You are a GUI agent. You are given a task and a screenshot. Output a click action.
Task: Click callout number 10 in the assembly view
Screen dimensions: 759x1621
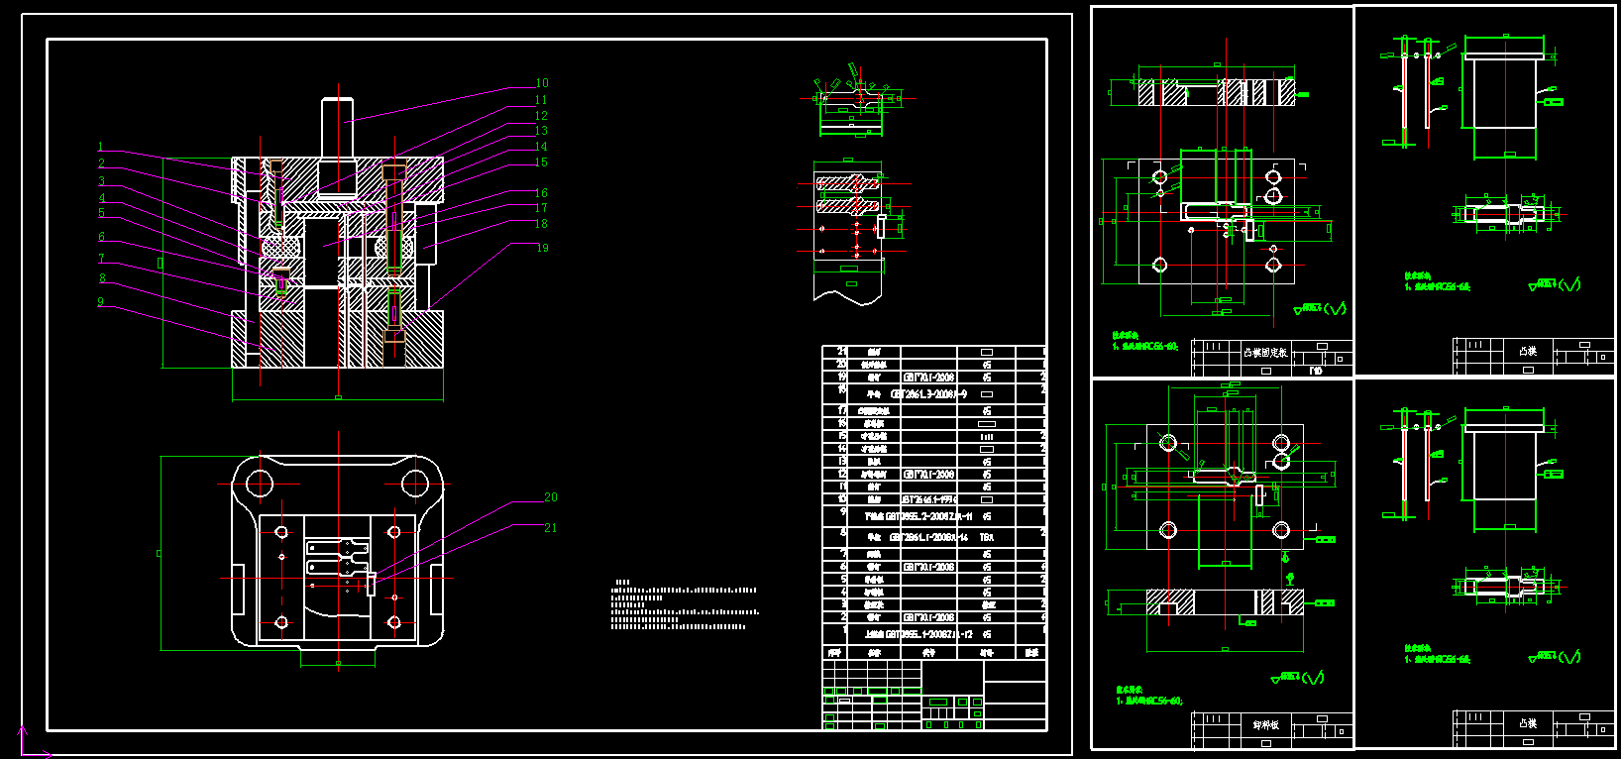pyautogui.click(x=541, y=84)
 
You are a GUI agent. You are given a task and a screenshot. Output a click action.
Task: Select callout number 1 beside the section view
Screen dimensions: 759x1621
pyautogui.click(x=100, y=148)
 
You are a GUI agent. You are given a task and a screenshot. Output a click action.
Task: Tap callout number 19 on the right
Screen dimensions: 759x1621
pyautogui.click(x=541, y=248)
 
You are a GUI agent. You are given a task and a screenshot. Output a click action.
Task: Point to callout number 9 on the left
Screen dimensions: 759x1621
pyautogui.click(x=100, y=302)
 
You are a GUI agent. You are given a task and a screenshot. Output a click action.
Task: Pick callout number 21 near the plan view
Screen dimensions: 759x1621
pyautogui.click(x=550, y=528)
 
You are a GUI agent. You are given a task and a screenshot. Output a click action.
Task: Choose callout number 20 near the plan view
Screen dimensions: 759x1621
pyautogui.click(x=550, y=497)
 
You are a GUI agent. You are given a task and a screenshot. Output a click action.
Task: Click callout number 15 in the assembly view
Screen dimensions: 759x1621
pyautogui.click(x=541, y=163)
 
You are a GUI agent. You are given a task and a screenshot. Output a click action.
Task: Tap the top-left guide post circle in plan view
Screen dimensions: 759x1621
pyautogui.click(x=260, y=484)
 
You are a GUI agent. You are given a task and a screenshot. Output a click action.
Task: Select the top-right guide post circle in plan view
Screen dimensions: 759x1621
pyautogui.click(x=414, y=484)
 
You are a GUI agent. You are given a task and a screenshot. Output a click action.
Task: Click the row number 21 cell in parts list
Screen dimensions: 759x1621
pyautogui.click(x=842, y=352)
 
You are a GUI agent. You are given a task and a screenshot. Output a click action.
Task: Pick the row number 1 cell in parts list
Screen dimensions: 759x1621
pyautogui.click(x=843, y=630)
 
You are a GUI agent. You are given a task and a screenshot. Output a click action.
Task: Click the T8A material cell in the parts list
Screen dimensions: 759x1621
pyautogui.click(x=986, y=537)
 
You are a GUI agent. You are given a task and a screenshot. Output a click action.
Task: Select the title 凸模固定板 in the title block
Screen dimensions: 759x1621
pyautogui.click(x=1265, y=353)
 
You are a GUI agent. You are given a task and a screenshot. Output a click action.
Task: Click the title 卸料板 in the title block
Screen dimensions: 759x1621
pyautogui.click(x=1266, y=725)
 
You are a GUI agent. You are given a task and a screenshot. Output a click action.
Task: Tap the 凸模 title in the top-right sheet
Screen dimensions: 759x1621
pyautogui.click(x=1527, y=352)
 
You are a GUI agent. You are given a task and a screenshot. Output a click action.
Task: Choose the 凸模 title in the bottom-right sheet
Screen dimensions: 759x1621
pyautogui.click(x=1527, y=724)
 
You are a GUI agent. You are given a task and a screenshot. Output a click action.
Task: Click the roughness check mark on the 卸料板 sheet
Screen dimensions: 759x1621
pyautogui.click(x=1314, y=679)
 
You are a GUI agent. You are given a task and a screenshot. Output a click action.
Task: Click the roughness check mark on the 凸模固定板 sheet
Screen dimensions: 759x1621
pyautogui.click(x=1337, y=309)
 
